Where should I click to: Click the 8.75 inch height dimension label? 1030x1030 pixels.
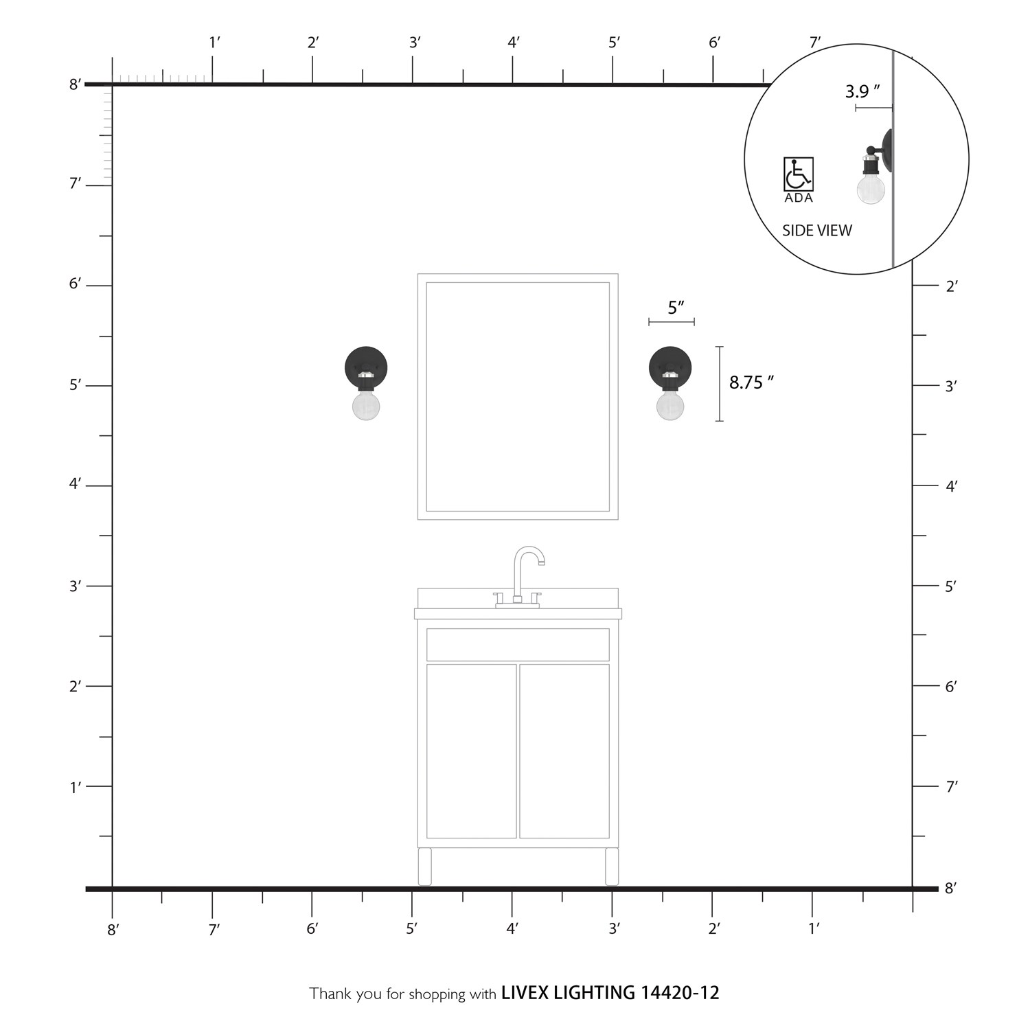click(x=751, y=382)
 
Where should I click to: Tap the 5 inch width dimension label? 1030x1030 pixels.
click(x=676, y=308)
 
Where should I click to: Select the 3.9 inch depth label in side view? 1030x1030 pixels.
click(x=862, y=91)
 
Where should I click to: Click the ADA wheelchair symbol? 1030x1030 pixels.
click(x=799, y=174)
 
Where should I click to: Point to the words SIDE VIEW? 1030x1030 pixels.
click(x=817, y=231)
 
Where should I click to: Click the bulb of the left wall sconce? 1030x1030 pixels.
click(x=366, y=406)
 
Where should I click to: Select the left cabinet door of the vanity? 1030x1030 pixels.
click(x=471, y=751)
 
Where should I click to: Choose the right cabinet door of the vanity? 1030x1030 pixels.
click(x=564, y=751)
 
